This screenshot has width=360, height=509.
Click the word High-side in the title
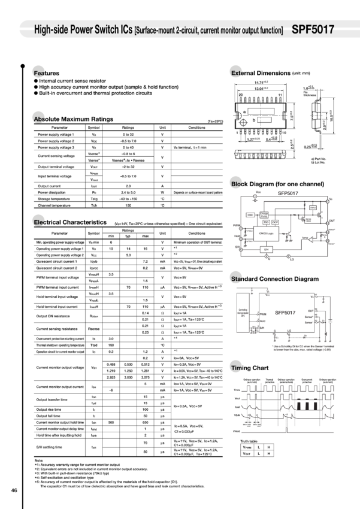[x=51, y=29]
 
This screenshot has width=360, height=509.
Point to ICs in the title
[x=127, y=29]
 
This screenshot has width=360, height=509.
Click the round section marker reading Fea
[x=39, y=72]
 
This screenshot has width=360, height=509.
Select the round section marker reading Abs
[x=39, y=118]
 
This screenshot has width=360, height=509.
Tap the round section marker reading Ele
[x=39, y=222]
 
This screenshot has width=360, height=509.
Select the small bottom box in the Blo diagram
[x=265, y=250]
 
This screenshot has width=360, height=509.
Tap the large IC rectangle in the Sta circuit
[x=286, y=312]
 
